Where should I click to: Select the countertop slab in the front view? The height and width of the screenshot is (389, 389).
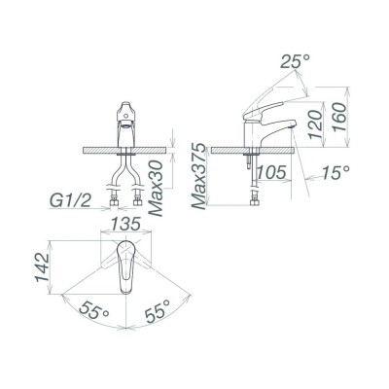pos(97,151)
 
